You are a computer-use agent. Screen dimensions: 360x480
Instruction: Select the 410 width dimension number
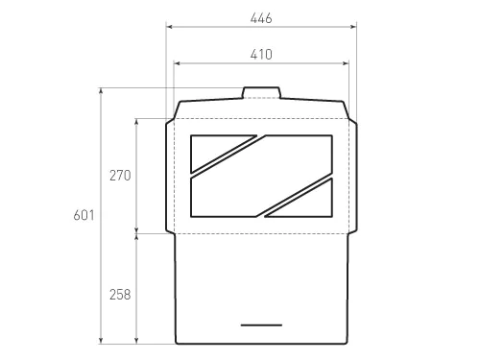(260, 55)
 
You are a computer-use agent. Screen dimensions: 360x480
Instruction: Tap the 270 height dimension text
(120, 176)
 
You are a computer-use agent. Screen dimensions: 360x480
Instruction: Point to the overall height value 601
(84, 216)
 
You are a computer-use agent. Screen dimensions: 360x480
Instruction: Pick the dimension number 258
(120, 294)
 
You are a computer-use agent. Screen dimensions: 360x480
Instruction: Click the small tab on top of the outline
(261, 93)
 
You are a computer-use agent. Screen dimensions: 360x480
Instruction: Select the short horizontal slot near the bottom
(261, 325)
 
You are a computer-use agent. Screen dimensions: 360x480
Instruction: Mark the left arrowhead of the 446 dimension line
(169, 27)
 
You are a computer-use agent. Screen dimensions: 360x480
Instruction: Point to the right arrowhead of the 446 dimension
(353, 27)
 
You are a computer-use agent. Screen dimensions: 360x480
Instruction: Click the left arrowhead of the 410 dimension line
(177, 63)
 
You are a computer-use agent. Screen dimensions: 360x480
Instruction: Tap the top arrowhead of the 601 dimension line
(101, 90)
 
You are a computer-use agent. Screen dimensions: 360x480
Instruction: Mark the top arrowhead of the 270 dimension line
(137, 120)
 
